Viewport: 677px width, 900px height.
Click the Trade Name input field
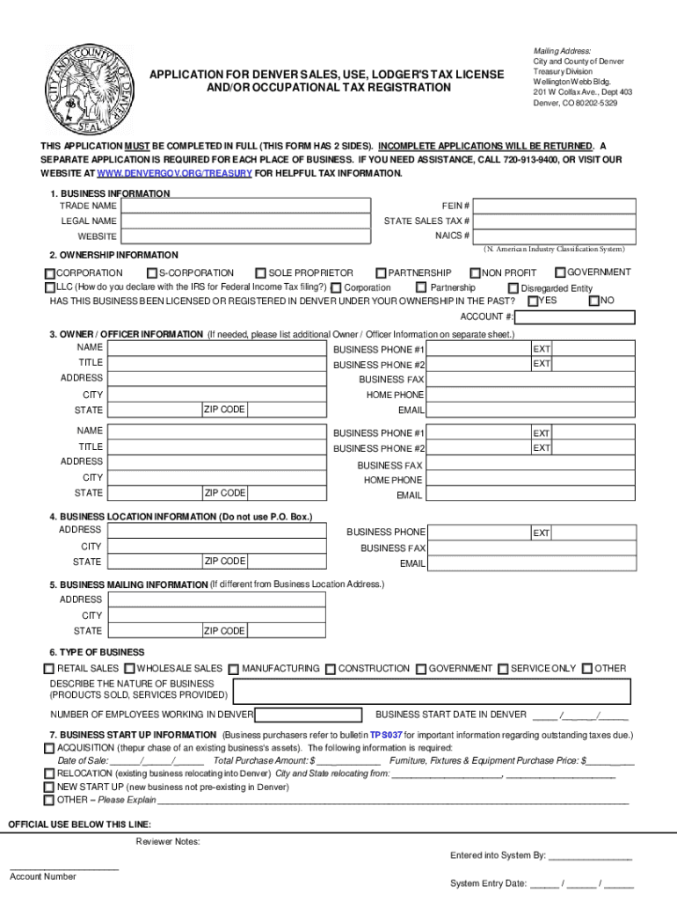[245, 205]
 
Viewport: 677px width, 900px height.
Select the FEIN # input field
[560, 205]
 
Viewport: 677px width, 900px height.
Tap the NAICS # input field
[560, 236]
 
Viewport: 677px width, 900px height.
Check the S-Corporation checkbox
[152, 273]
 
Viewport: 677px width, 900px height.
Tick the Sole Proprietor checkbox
[260, 273]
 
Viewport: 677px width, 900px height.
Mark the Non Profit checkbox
[475, 273]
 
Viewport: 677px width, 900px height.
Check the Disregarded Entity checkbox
[513, 287]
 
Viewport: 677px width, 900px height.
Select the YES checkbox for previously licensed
[532, 301]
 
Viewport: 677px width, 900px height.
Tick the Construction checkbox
[330, 669]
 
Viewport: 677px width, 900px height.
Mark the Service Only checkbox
[503, 669]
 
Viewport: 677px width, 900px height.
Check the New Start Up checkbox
[49, 787]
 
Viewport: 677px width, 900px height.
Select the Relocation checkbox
[49, 773]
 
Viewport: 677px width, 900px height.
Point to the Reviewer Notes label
[168, 842]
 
